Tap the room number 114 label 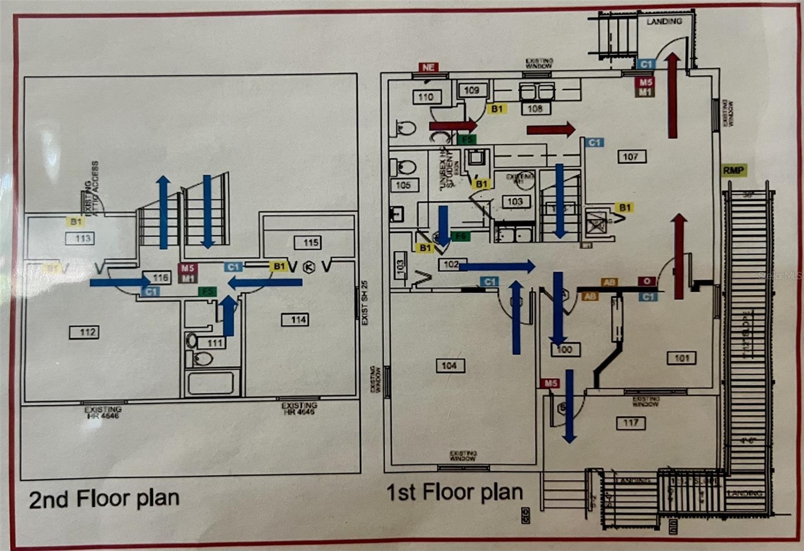point(298,319)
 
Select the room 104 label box point(450,366)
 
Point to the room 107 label point(631,157)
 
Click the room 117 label point(631,423)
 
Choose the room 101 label point(681,358)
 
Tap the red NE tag point(428,67)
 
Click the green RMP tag point(734,170)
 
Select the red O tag point(647,282)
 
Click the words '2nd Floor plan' point(104,499)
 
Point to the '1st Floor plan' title point(454,492)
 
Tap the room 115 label point(311,243)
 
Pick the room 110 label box point(426,97)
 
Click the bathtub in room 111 point(211,383)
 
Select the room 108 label point(535,108)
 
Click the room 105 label point(404,185)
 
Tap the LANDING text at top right point(664,21)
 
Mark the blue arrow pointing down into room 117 point(569,407)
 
